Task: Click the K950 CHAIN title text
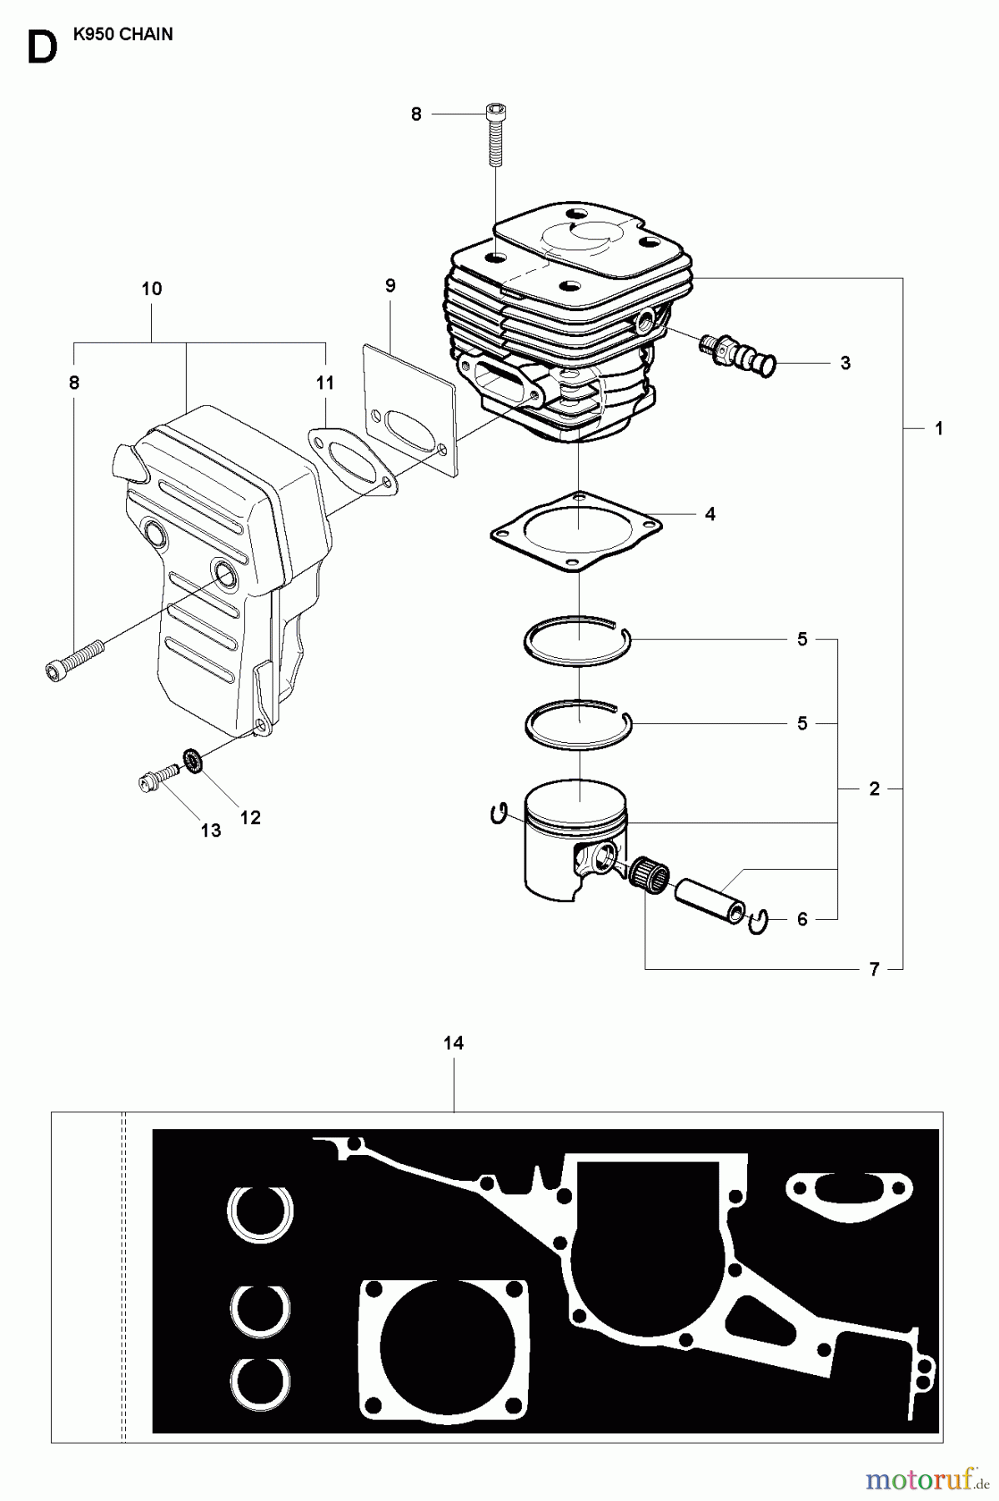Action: coord(123,34)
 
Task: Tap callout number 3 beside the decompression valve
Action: coord(845,363)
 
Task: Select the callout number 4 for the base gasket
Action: coord(710,515)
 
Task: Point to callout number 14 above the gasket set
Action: coord(454,1043)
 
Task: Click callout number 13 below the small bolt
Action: coord(210,830)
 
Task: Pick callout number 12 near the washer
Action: coord(250,817)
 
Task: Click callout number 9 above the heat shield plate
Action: coord(390,286)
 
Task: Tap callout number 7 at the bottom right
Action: coord(874,969)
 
